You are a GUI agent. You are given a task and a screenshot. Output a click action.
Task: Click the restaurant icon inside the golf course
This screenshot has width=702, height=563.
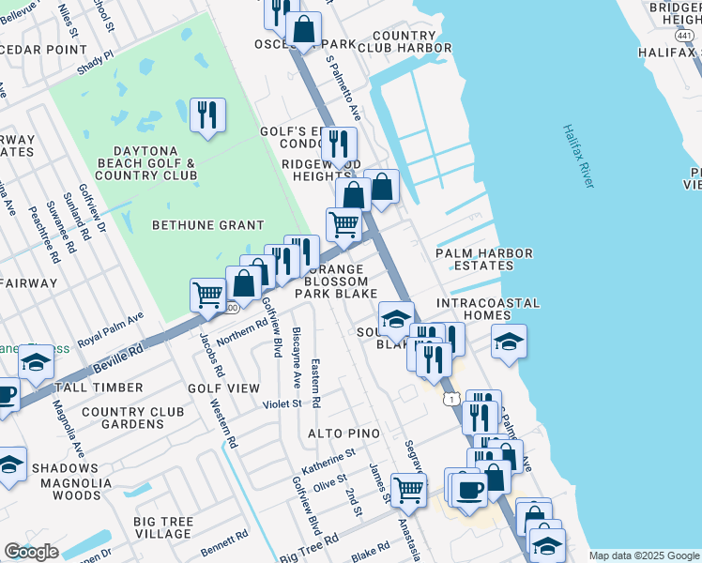(x=206, y=116)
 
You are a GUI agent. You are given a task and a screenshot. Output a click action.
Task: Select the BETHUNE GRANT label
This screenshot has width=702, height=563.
(x=208, y=224)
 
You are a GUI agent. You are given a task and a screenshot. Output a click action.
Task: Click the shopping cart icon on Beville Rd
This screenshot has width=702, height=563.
(x=207, y=295)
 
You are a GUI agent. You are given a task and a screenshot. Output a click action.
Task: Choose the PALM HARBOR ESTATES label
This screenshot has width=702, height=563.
(x=483, y=259)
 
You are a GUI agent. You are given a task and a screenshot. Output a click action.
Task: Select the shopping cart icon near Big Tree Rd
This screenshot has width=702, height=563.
(x=408, y=489)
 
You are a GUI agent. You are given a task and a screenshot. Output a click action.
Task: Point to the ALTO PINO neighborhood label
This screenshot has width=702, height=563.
(x=344, y=434)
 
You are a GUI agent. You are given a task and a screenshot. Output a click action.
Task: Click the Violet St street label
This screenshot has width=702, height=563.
(x=282, y=404)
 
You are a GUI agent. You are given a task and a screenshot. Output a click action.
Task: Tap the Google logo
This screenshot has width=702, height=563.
(x=31, y=552)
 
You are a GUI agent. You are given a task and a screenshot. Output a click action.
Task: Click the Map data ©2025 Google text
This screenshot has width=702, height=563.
(x=644, y=555)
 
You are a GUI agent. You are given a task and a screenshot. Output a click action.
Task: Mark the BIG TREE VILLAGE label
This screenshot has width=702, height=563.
(x=162, y=527)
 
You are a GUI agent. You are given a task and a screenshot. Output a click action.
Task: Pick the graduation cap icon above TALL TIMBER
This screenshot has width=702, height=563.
(x=36, y=362)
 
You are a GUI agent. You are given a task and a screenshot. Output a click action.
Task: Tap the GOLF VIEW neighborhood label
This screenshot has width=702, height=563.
(x=223, y=388)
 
